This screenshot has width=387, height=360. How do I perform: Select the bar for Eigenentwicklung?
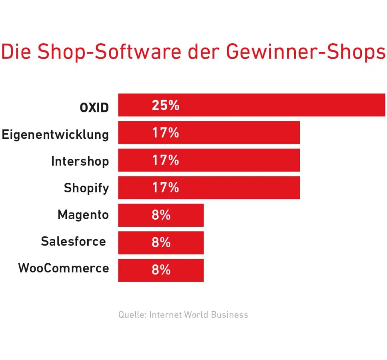[x=209, y=132]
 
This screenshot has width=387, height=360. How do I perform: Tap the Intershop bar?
[x=209, y=160]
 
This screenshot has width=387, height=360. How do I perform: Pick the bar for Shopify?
[x=209, y=188]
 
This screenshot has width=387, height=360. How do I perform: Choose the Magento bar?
[x=160, y=215]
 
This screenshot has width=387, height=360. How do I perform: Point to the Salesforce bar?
[x=160, y=242]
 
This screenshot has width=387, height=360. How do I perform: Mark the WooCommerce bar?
[x=160, y=270]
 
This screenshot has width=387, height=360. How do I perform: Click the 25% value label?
[x=165, y=105]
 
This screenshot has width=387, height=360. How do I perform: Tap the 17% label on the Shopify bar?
[x=165, y=188]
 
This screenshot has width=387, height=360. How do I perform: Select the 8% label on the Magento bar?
[x=161, y=215]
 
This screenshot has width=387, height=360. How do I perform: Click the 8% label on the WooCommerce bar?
[x=161, y=270]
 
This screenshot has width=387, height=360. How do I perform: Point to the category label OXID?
[x=94, y=108]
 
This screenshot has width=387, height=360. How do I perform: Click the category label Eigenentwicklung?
[x=55, y=134]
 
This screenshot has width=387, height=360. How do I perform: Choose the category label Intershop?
[x=80, y=161]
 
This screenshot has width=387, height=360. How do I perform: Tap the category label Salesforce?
[x=73, y=241]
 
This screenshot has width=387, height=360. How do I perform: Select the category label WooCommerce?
[x=64, y=268]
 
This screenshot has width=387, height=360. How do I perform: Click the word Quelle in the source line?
[x=132, y=315]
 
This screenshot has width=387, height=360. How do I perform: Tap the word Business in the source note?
[x=229, y=315]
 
